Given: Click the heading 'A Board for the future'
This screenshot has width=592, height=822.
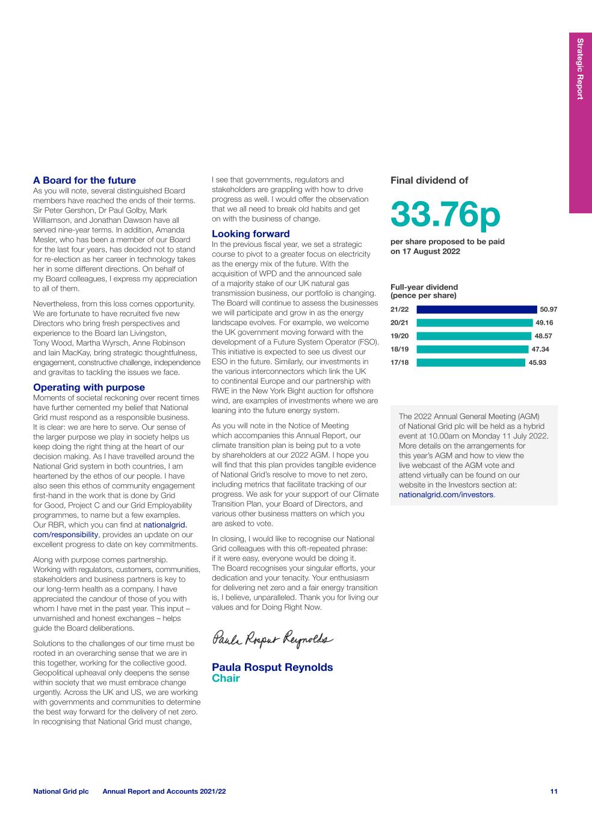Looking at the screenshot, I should pos(84,180).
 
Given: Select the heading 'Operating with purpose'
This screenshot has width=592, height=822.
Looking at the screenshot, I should pos(89,387).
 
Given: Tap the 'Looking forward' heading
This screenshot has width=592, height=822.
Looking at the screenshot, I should pos(250,234).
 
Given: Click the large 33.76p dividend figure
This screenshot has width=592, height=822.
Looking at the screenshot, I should pos(445,214).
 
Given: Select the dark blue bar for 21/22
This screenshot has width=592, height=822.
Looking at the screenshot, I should pos(476,310).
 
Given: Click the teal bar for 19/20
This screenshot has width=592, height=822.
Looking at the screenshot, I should pos(473,336).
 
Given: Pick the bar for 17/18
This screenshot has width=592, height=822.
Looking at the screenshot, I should pos(470,363).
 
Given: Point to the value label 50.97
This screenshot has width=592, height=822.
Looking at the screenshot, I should pos(548,310).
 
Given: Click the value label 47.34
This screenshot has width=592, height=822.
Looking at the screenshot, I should pos(540,349).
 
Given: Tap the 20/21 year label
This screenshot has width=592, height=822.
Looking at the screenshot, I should pos(399,323).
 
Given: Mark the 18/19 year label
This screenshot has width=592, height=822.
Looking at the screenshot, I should pos(399,349).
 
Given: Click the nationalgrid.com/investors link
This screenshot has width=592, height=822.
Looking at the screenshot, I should pos(446,495).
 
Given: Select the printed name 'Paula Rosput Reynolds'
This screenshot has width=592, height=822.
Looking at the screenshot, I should pos(272,667).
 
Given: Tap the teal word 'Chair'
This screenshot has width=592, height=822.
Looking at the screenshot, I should pos(226,679).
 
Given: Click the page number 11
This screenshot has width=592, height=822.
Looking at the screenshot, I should pos(553,791).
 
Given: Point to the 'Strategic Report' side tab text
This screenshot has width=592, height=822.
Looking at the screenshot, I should pos(580,69).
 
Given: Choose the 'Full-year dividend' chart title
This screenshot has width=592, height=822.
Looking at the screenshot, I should pos(424,287).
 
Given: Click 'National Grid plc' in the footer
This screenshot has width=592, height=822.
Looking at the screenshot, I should pos(61,791).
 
